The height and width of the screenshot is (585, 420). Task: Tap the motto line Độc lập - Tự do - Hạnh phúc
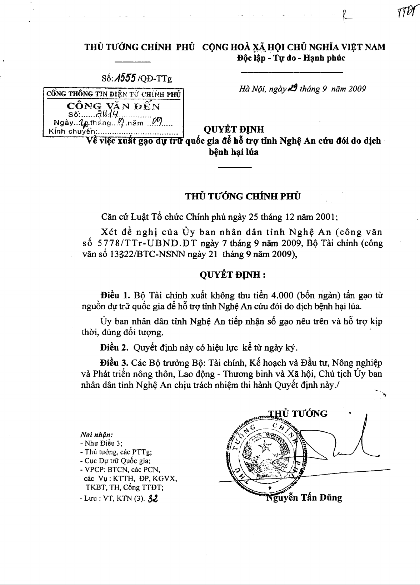pyautogui.click(x=291, y=58)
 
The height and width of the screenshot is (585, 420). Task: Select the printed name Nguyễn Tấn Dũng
pyautogui.click(x=305, y=497)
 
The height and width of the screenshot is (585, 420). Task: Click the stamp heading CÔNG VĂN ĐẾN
pyautogui.click(x=114, y=106)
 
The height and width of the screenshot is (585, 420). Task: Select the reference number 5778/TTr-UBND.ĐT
pyautogui.click(x=144, y=243)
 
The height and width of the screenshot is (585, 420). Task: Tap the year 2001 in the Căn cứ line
pyautogui.click(x=324, y=217)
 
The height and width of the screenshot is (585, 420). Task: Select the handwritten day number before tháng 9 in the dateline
pyautogui.click(x=293, y=88)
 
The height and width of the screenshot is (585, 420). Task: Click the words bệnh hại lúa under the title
pyautogui.click(x=234, y=152)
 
